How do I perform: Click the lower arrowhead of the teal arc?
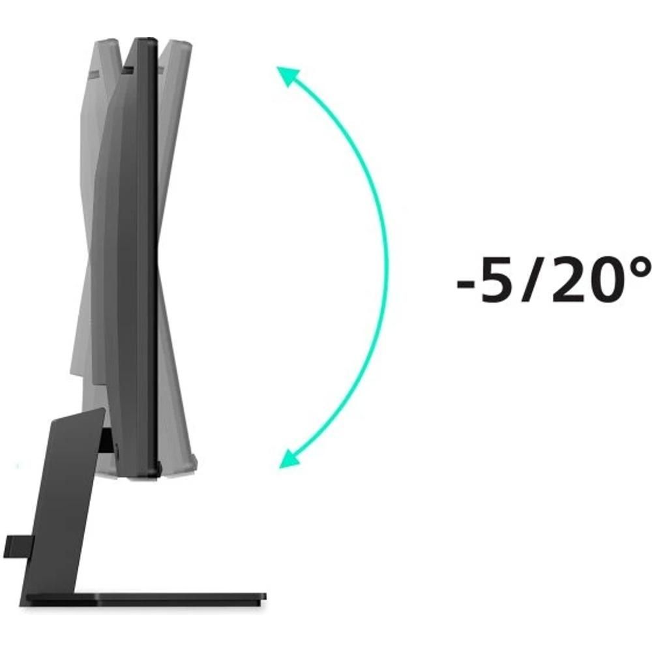point(289,458)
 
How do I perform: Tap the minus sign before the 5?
point(466,284)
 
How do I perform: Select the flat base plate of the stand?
point(145,599)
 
